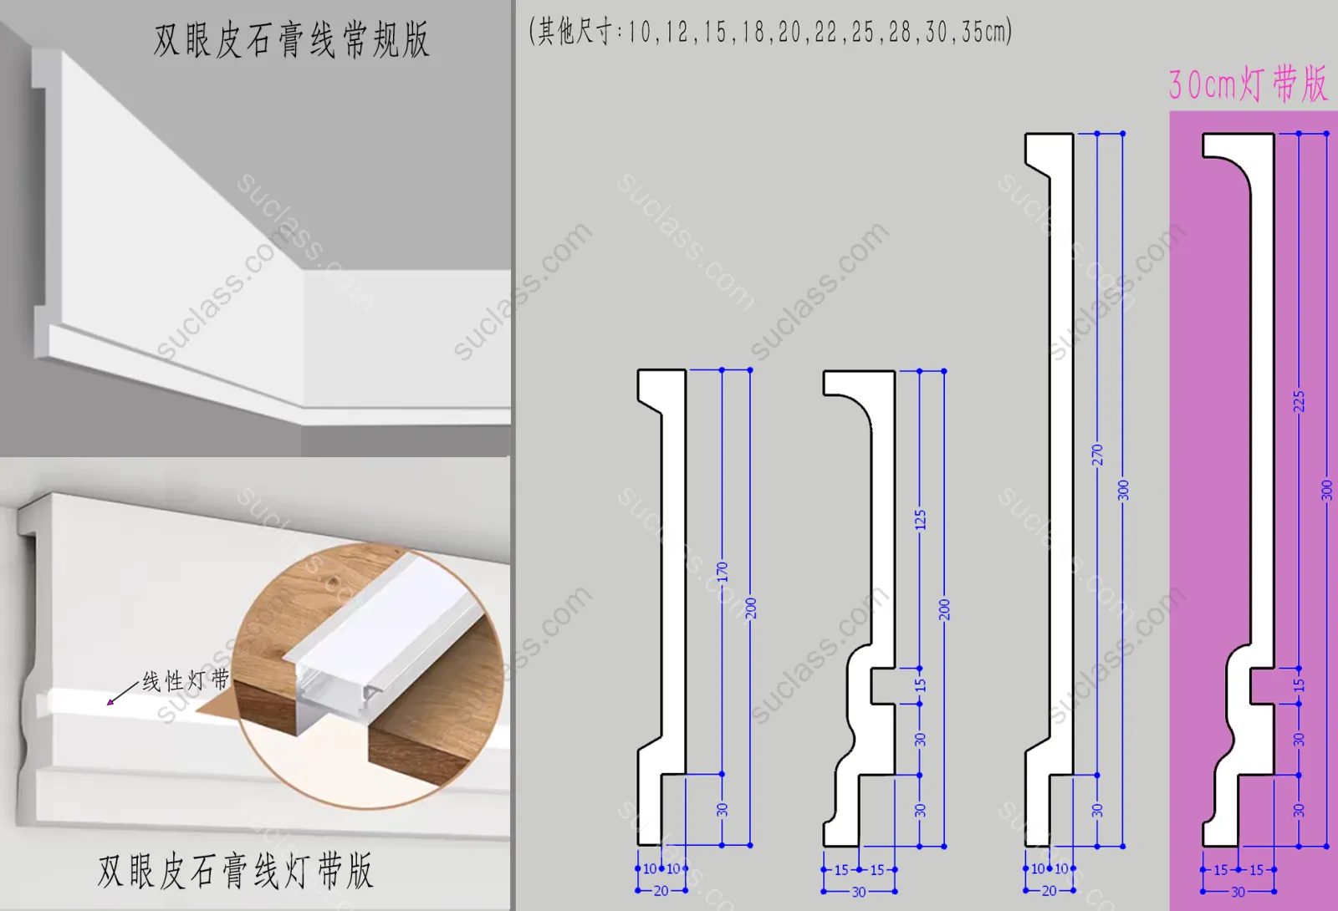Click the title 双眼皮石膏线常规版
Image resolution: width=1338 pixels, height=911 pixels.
pos(292,40)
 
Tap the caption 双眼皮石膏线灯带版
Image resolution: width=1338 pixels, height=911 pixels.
pos(236,871)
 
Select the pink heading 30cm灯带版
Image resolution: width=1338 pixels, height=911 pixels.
pos(1249,84)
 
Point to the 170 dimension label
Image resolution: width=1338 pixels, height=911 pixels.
pos(723,572)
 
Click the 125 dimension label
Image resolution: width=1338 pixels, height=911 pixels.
pos(920,520)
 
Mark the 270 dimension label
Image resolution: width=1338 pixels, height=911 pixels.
pos(1097,455)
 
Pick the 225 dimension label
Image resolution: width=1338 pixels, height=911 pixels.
pos(1299,401)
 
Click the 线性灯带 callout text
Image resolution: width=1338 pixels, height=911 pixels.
pos(186,679)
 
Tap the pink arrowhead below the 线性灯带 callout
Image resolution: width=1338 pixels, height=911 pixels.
pos(110,702)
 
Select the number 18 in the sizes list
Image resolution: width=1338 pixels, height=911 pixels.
pos(753,32)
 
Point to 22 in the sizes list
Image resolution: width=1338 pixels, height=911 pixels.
pos(825,32)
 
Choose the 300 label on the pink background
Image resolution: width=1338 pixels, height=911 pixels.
pos(1326,490)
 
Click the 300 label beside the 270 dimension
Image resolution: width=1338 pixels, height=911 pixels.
pos(1123,490)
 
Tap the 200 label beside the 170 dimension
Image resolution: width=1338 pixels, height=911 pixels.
pos(750,608)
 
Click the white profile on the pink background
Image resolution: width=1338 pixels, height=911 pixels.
pos(1262,418)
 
